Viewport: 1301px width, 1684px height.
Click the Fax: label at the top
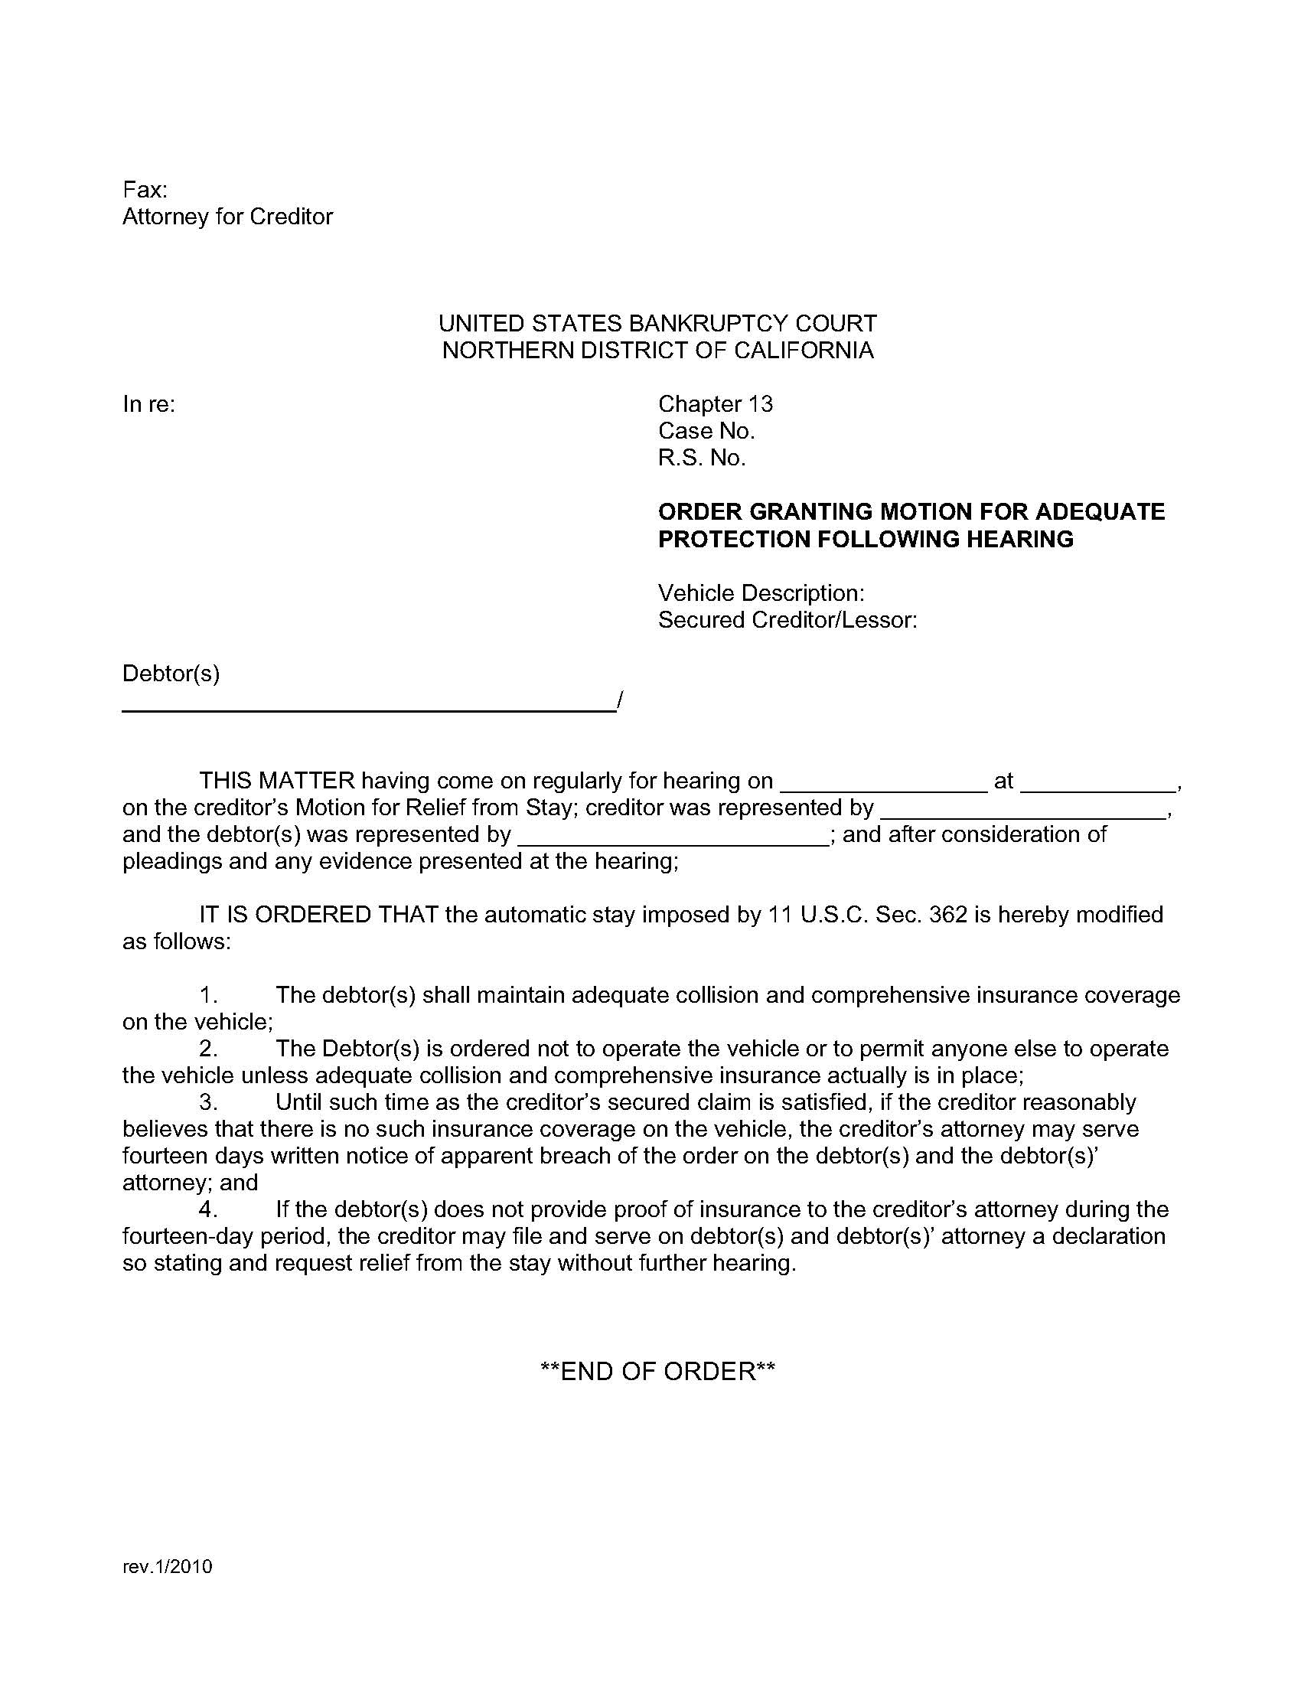(x=145, y=190)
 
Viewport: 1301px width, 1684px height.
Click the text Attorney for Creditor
(x=227, y=217)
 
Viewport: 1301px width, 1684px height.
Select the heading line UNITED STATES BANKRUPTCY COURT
(x=657, y=323)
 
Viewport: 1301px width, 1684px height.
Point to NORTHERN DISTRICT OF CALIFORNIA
(x=657, y=350)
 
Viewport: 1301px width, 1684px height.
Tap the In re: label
(x=148, y=404)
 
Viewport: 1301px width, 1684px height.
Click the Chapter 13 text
(x=716, y=404)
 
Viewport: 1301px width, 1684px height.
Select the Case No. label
(x=706, y=431)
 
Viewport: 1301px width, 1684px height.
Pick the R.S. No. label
(x=701, y=458)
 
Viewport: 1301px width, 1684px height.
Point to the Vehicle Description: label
(x=761, y=593)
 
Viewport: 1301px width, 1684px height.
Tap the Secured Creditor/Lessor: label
(x=787, y=620)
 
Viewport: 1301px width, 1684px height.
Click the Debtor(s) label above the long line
(x=171, y=674)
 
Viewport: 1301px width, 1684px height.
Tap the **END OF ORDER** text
(x=657, y=1371)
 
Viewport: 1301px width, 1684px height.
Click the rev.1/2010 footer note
(x=168, y=1566)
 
